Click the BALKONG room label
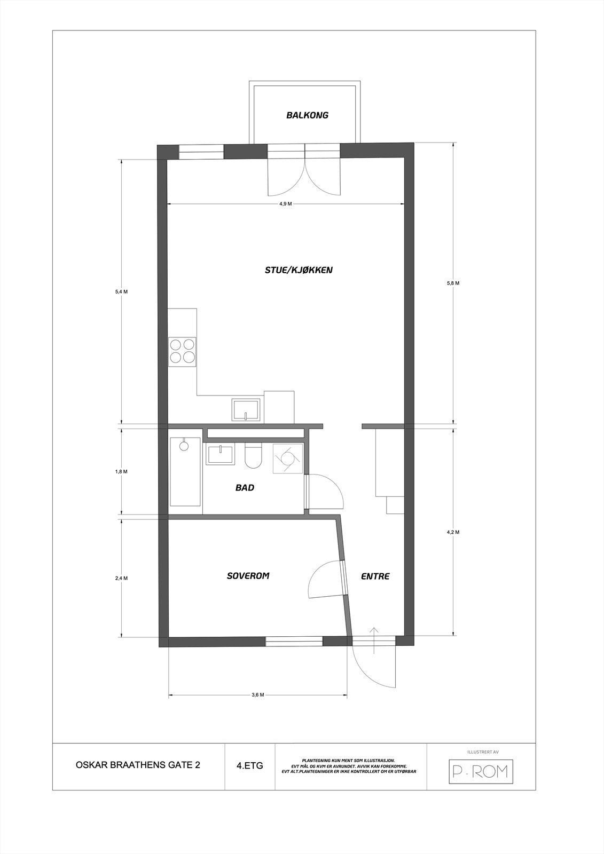(307, 115)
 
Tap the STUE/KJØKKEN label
(299, 270)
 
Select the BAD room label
(245, 487)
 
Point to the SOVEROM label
(248, 576)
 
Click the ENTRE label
(375, 576)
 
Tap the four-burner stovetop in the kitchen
(182, 351)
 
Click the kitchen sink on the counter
(246, 410)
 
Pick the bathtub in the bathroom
(185, 472)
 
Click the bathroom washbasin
(220, 455)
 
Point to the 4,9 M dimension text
(285, 204)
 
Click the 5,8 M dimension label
(453, 283)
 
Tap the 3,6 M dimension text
(258, 694)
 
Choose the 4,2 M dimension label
(453, 532)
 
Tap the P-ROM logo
(480, 771)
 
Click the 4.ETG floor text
(249, 765)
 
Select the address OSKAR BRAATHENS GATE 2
(139, 765)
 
